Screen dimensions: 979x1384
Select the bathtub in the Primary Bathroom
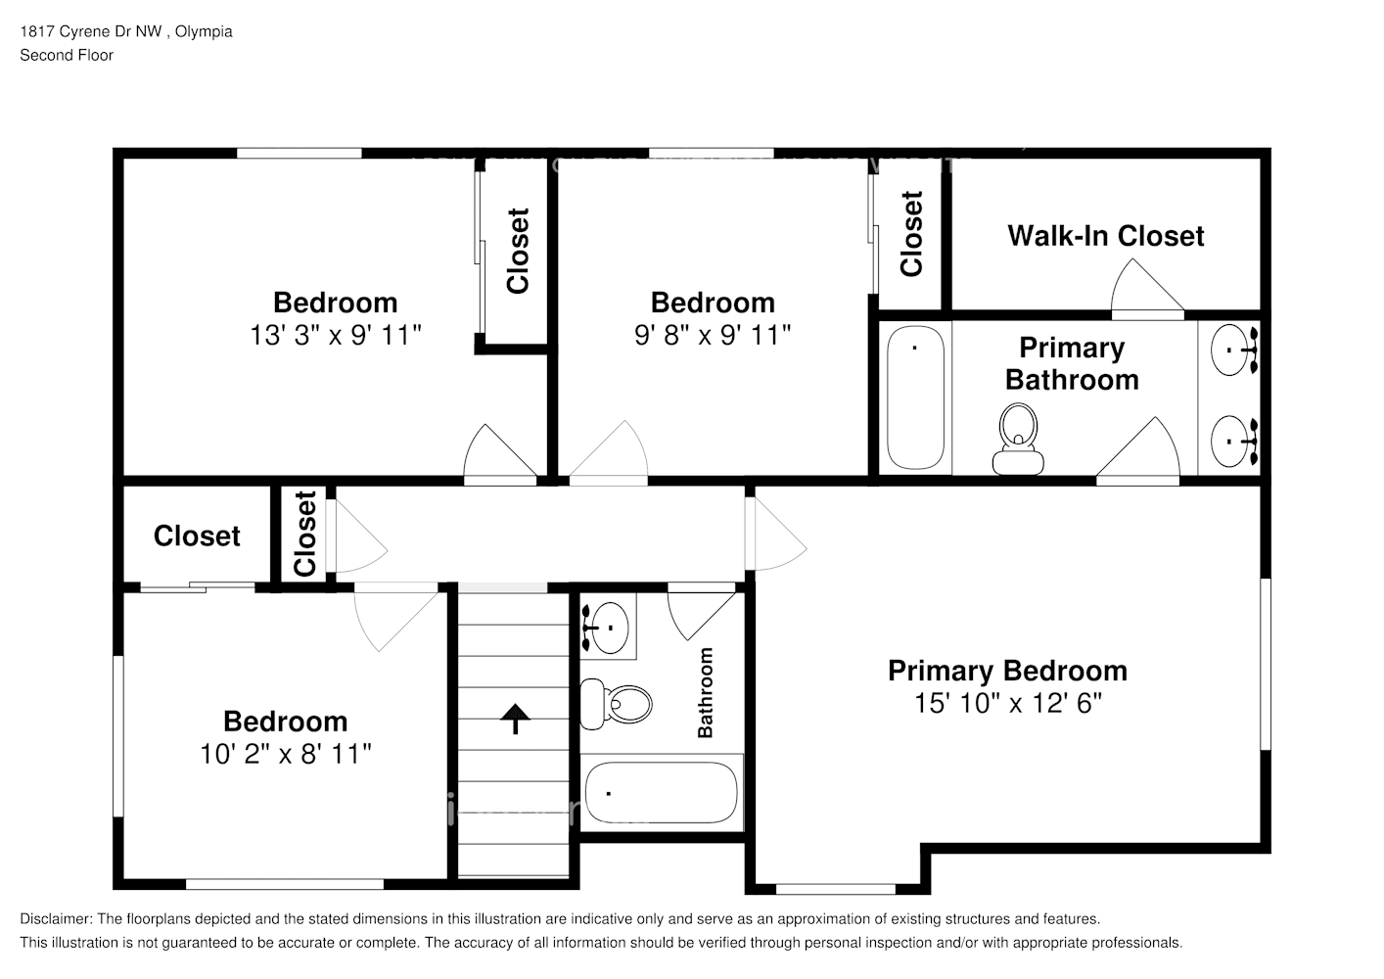(x=915, y=396)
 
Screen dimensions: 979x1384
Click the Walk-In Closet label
(x=1105, y=236)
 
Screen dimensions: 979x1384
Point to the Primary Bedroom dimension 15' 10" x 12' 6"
(x=1007, y=703)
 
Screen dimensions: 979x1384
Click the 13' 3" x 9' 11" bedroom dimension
(x=335, y=335)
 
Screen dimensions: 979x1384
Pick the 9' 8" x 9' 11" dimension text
(x=712, y=335)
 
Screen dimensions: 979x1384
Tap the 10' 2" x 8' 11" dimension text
(x=285, y=753)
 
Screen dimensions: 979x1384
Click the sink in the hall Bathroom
(x=609, y=624)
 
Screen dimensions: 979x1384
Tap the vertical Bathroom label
(x=705, y=692)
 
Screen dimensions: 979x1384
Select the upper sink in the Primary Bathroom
(x=1233, y=348)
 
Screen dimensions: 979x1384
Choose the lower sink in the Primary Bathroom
(x=1233, y=442)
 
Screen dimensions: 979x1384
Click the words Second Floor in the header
(x=67, y=55)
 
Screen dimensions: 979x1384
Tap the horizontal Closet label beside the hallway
(x=197, y=536)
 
